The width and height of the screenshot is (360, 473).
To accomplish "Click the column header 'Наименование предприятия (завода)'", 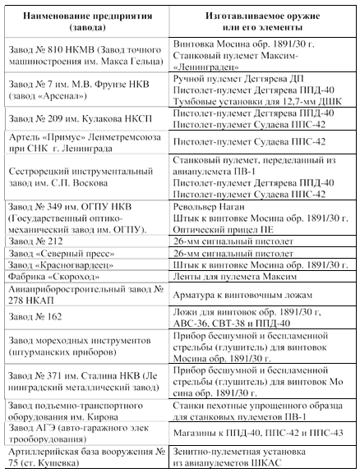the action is [x=86, y=20].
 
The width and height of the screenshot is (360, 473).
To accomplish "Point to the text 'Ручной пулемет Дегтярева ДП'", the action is [x=238, y=76].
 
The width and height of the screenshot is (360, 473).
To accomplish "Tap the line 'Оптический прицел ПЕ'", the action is [x=226, y=232].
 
